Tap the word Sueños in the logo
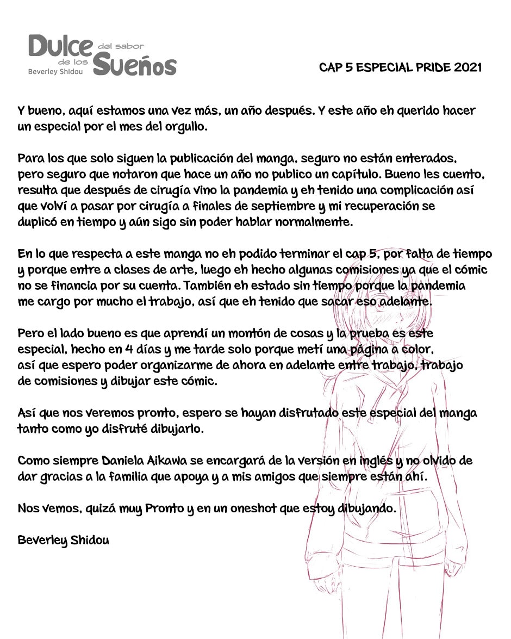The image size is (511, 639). [x=135, y=65]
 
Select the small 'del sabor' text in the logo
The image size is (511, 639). [x=121, y=46]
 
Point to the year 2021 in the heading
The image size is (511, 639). [x=467, y=68]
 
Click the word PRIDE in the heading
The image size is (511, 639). [x=423, y=68]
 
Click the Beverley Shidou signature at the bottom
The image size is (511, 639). [x=63, y=541]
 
